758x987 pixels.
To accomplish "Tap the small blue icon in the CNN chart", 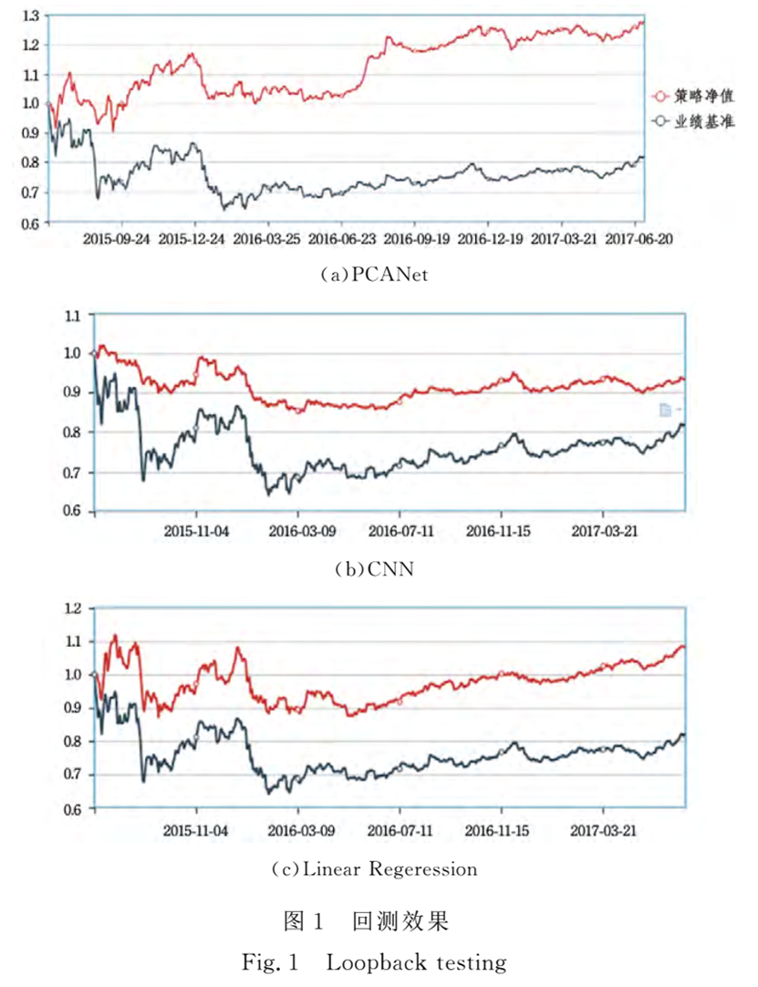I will click(665, 410).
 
